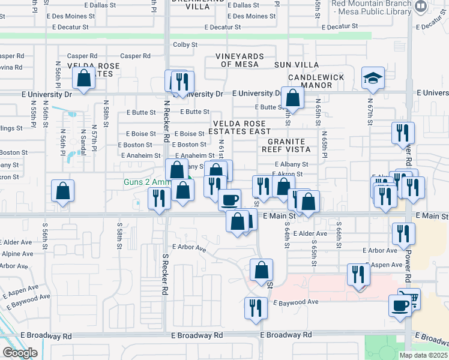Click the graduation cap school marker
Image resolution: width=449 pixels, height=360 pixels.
[373, 79]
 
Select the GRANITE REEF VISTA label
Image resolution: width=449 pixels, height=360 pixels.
[285, 145]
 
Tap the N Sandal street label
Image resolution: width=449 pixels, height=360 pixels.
[82, 141]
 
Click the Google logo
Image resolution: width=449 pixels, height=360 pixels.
[19, 353]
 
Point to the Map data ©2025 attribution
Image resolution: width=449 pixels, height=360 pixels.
[424, 355]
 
